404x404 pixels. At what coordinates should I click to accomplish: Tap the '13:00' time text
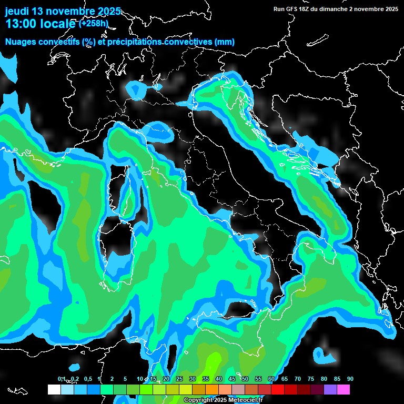tap(22, 24)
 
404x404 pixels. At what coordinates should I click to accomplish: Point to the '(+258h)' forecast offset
tap(93, 23)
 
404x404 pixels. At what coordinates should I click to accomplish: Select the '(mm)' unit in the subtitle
tap(224, 42)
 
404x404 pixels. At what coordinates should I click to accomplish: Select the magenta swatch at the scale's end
tap(344, 389)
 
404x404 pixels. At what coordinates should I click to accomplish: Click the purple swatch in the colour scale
tap(330, 389)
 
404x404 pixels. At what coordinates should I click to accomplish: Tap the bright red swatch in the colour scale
tap(278, 389)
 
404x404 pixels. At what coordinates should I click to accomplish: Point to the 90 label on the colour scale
tap(350, 379)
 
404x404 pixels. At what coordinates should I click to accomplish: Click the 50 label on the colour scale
tap(245, 379)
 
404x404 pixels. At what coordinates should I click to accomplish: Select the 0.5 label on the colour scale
tap(87, 379)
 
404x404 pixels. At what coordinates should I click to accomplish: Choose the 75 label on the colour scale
tap(311, 379)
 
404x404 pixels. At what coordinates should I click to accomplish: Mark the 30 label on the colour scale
tap(193, 379)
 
